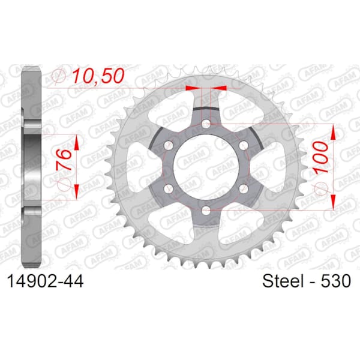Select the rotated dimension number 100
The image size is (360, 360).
point(322,159)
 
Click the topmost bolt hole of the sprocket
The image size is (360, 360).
point(206,124)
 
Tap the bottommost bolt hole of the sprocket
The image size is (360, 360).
point(206,211)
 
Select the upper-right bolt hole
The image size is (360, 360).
point(244,146)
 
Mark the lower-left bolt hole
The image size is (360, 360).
point(169,189)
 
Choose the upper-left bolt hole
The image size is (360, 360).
point(169,146)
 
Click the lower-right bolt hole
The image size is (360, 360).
point(244,189)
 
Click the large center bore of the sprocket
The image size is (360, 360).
point(206,167)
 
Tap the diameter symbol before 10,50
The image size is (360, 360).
point(59,77)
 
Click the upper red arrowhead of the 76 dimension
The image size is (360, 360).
point(77,140)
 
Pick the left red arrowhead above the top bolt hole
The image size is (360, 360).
point(192,88)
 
